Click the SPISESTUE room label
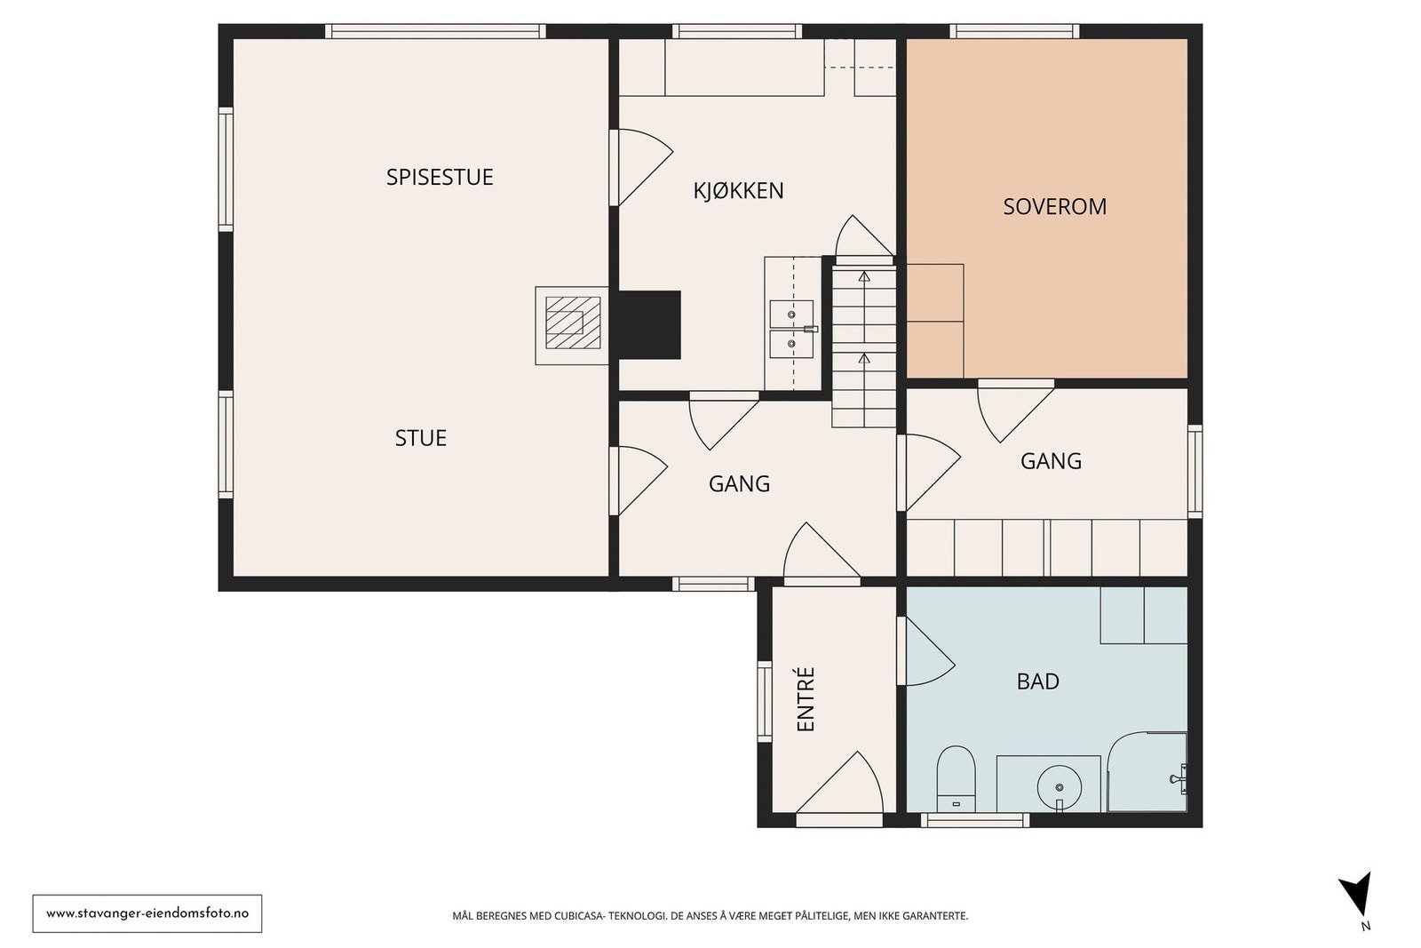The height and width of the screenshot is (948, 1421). click(x=440, y=177)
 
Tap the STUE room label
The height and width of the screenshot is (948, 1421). click(x=421, y=438)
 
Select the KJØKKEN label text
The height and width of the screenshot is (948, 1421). click(x=738, y=190)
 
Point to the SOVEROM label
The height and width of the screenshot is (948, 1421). click(x=1054, y=206)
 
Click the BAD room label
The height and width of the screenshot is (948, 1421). click(x=1038, y=681)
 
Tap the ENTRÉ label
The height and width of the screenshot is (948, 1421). click(x=805, y=698)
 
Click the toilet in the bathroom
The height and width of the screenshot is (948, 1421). click(x=956, y=778)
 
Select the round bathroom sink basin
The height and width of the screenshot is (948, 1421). click(x=1060, y=787)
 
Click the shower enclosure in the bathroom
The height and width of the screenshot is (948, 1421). click(x=1147, y=771)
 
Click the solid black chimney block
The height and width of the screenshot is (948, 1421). click(x=649, y=325)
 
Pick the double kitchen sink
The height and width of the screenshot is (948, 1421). click(x=791, y=330)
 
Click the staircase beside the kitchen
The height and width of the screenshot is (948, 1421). click(x=864, y=347)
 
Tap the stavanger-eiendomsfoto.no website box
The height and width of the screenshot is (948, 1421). click(x=147, y=913)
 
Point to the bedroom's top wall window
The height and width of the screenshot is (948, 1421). click(x=1014, y=31)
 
